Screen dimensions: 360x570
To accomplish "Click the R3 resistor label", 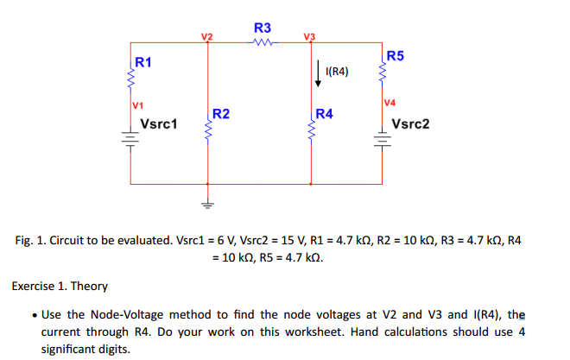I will (263, 27).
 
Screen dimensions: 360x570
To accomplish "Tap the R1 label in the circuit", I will (143, 62).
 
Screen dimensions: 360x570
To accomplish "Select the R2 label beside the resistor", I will (220, 113).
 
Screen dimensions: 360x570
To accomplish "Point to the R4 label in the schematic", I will (325, 113).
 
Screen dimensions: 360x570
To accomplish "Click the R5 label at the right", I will (394, 57).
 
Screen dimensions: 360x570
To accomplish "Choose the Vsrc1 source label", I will (159, 123).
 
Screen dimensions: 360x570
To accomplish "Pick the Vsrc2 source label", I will (410, 123).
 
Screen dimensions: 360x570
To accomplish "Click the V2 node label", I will (206, 35).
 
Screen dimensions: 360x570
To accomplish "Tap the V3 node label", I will (310, 35).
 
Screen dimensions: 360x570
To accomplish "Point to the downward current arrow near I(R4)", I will (317, 69).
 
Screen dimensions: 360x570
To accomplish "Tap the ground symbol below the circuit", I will (206, 205).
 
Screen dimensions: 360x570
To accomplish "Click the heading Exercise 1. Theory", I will (59, 286).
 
